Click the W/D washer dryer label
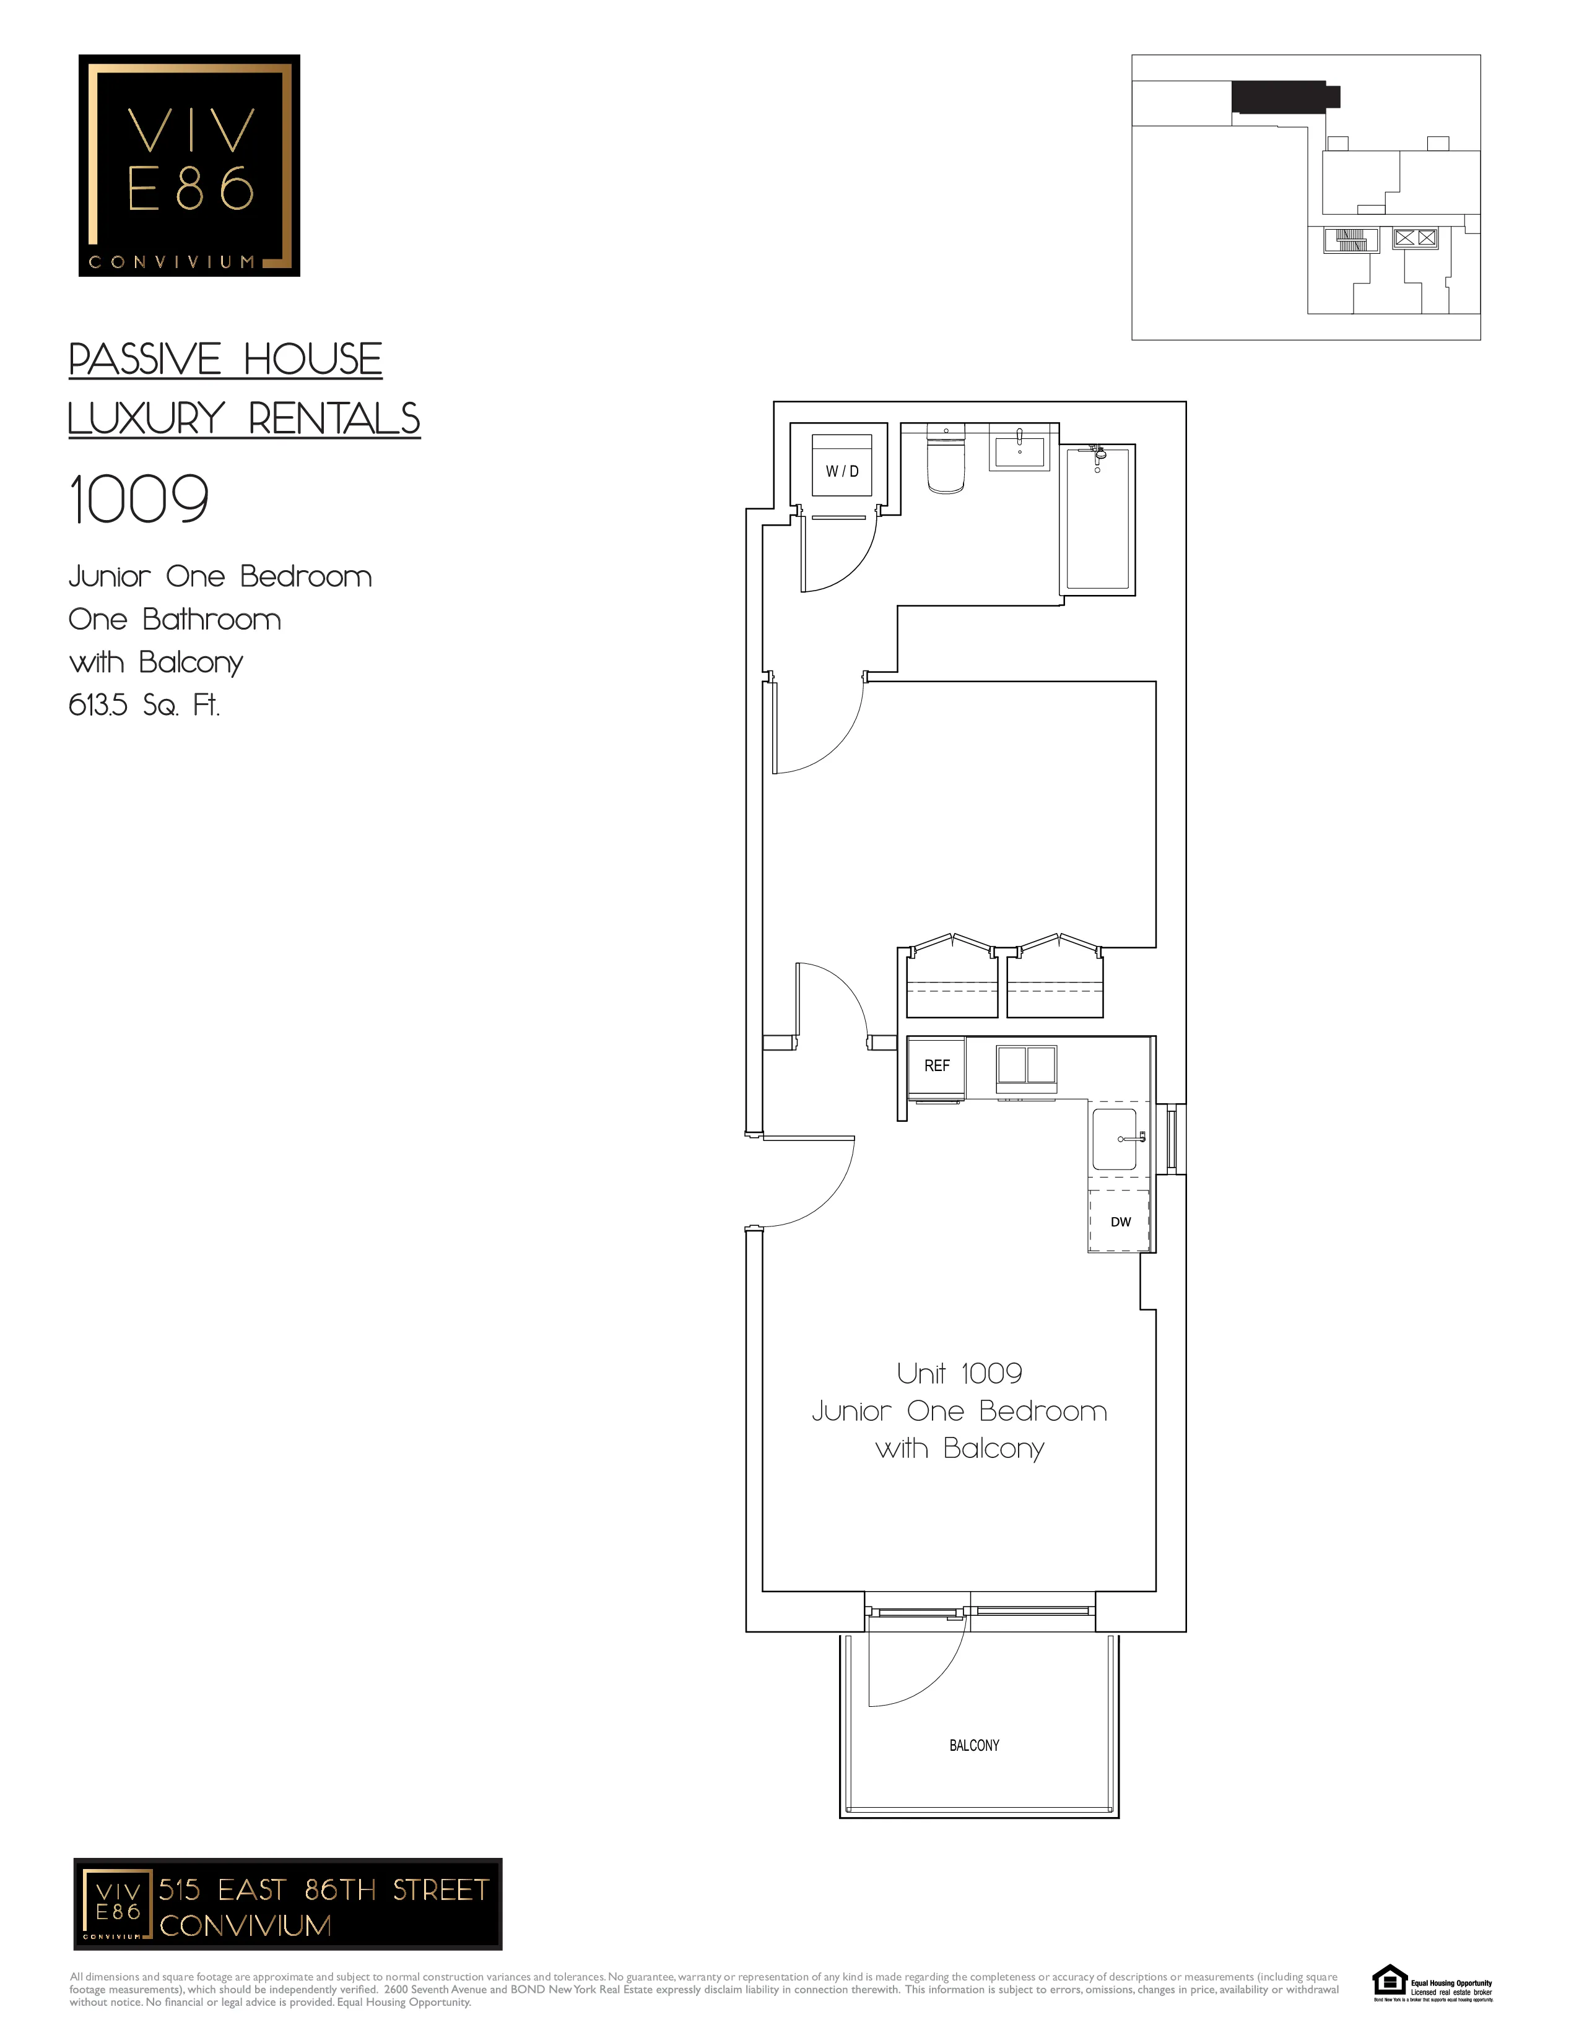click(842, 472)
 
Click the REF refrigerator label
click(936, 1065)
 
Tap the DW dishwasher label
click(1121, 1221)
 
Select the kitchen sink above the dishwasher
click(1115, 1139)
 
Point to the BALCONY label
click(974, 1746)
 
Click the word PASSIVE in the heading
click(145, 360)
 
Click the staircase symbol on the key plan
click(1351, 240)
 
